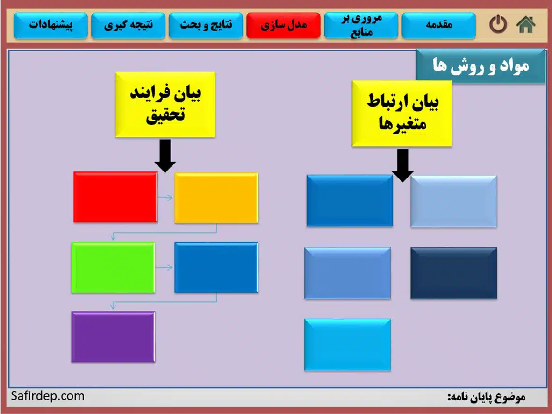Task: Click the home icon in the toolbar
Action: point(526,25)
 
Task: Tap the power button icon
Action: point(498,25)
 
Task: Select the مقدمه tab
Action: point(438,25)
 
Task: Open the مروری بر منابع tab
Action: point(361,25)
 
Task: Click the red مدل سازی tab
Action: point(283,25)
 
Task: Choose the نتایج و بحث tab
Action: point(206,25)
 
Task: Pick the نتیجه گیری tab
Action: point(128,25)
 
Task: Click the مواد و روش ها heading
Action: point(480,66)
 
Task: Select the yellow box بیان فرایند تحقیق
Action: point(165,105)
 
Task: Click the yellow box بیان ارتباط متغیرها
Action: point(402,114)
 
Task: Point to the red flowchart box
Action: point(115,197)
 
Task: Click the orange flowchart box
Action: point(216,198)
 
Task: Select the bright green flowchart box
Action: point(113,267)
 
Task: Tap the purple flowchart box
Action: point(113,336)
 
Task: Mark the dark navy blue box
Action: point(453,273)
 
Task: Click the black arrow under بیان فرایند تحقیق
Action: point(165,156)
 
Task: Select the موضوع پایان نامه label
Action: point(486,397)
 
